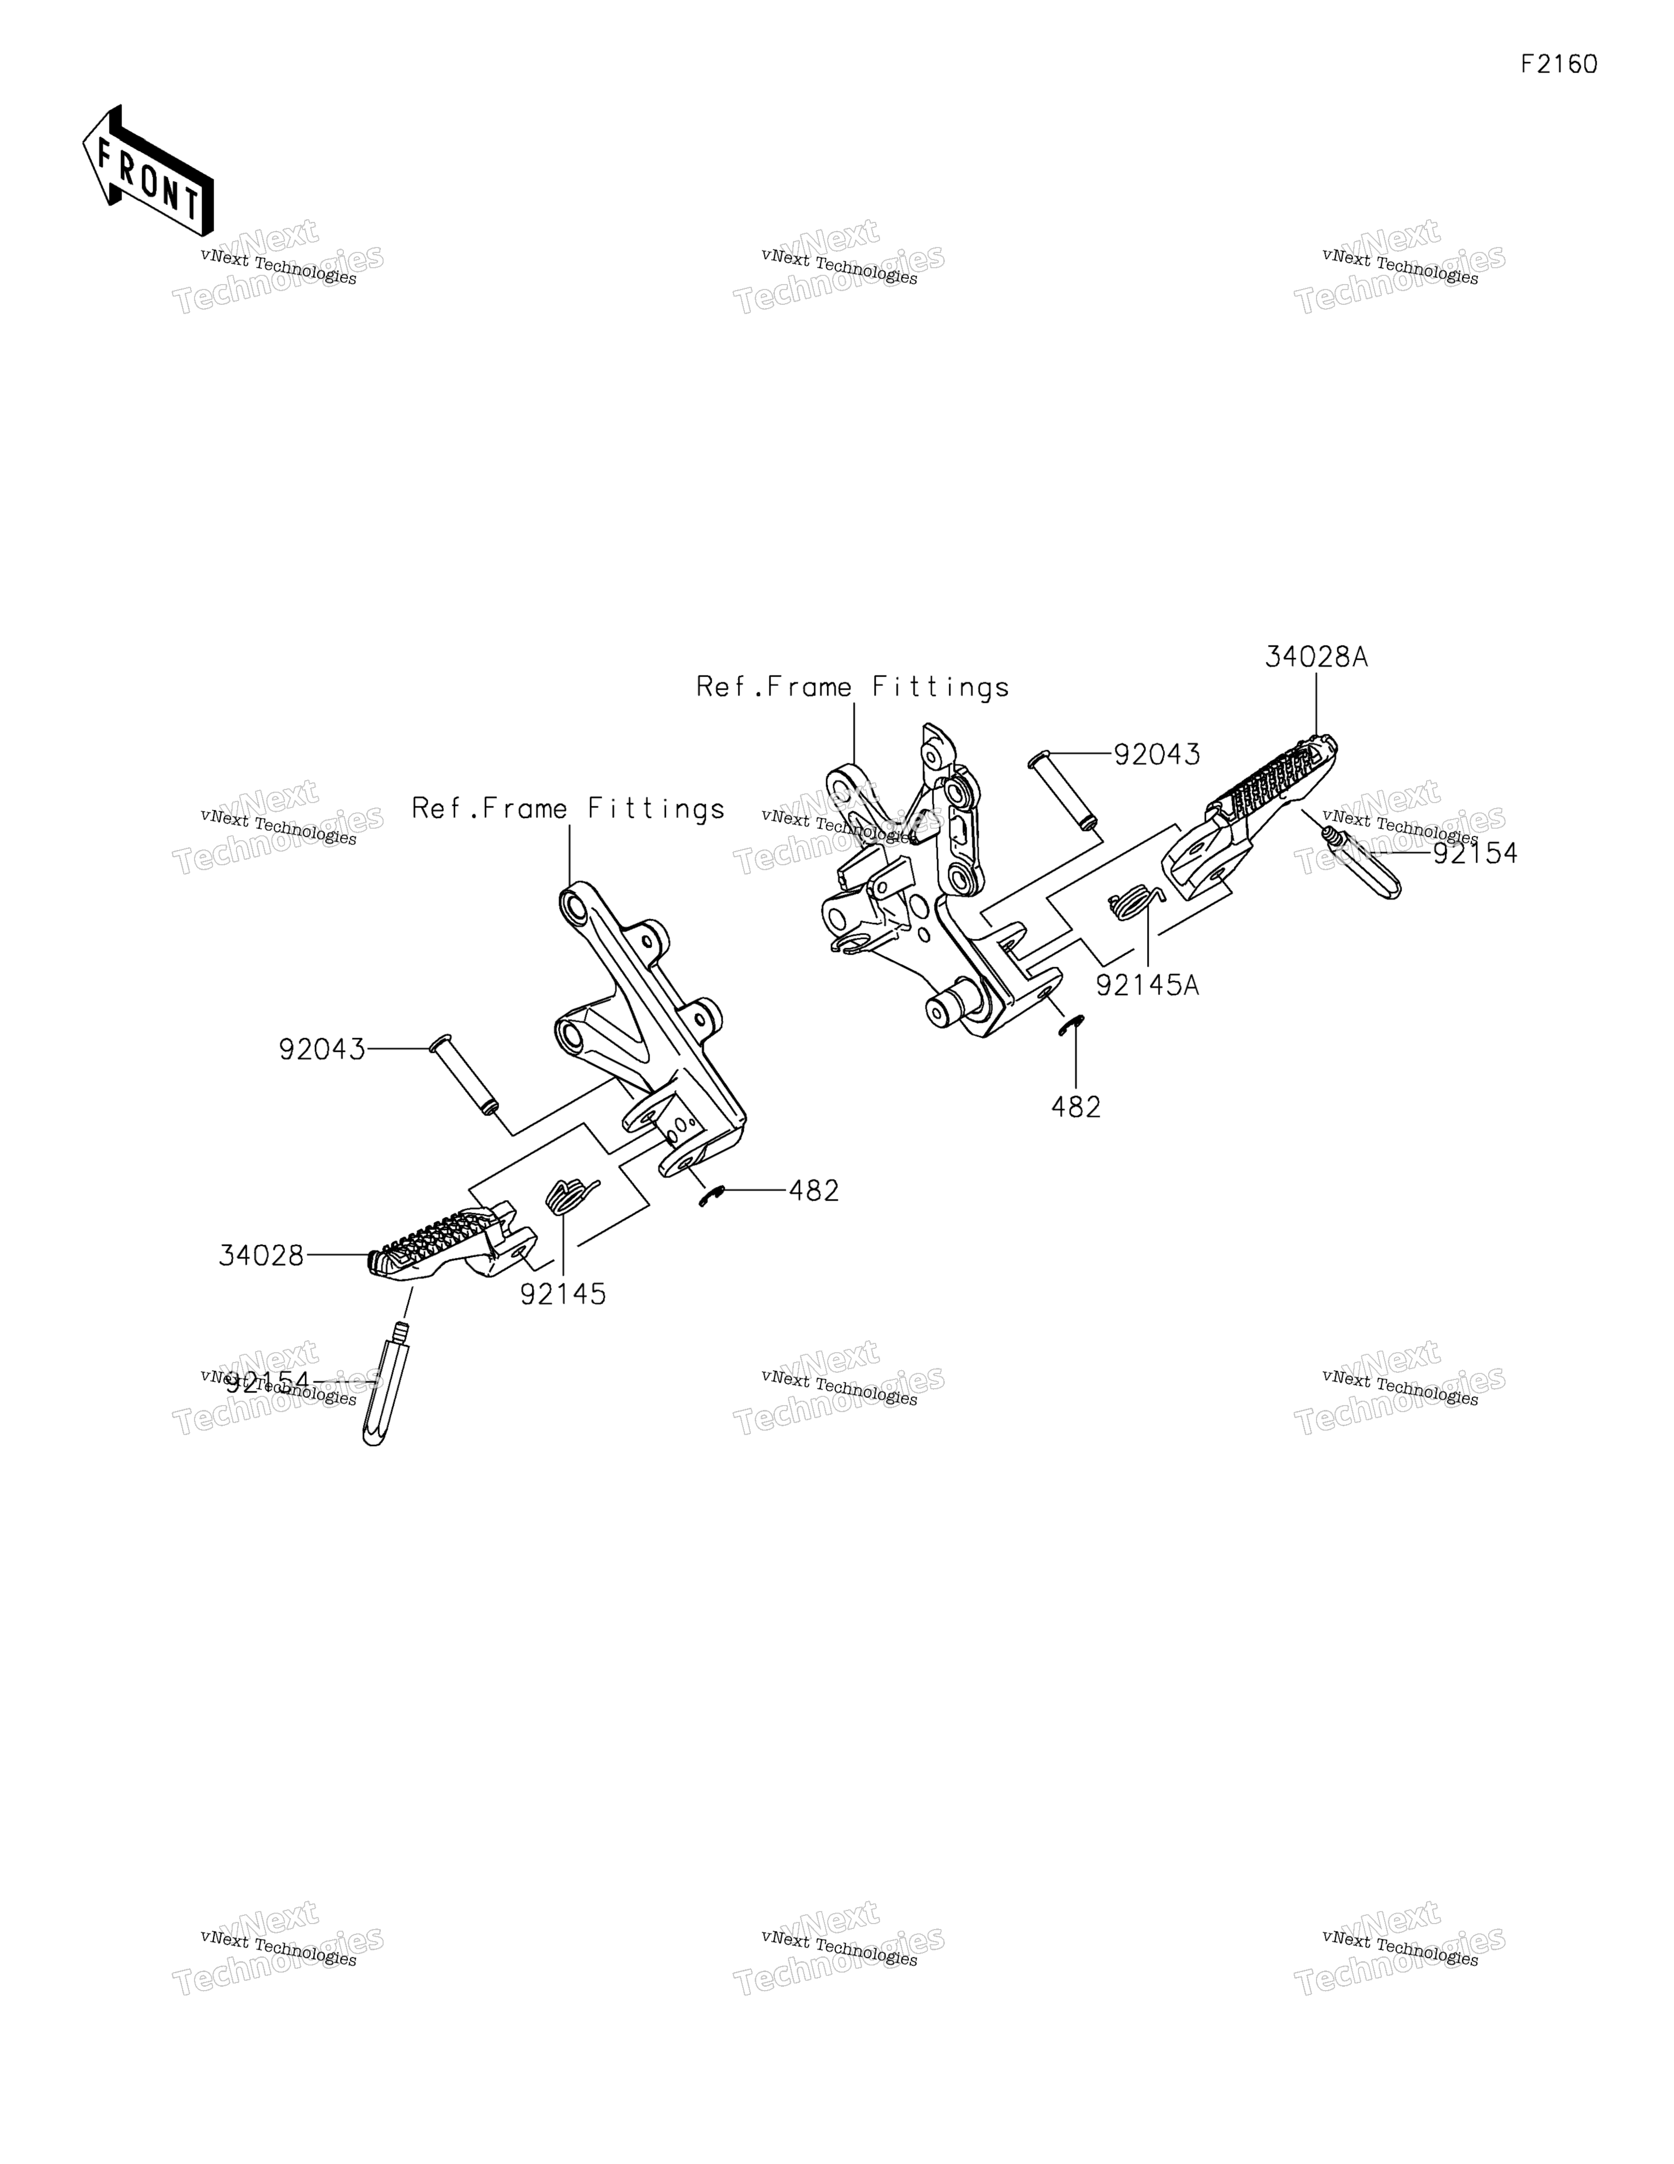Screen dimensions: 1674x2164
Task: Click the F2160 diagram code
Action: (1559, 64)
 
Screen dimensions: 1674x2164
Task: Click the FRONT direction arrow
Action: (149, 171)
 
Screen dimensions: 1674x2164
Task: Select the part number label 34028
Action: (262, 1256)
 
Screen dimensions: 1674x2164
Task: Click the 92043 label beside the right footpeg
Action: (1157, 755)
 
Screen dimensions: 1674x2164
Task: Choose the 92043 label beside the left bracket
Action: (322, 1050)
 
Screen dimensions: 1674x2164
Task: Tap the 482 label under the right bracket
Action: (1076, 1107)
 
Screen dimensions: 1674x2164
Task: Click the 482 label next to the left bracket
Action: (814, 1190)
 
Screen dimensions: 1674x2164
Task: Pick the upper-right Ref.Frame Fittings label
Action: (853, 686)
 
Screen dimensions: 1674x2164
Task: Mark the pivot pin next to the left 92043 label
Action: (463, 1075)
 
